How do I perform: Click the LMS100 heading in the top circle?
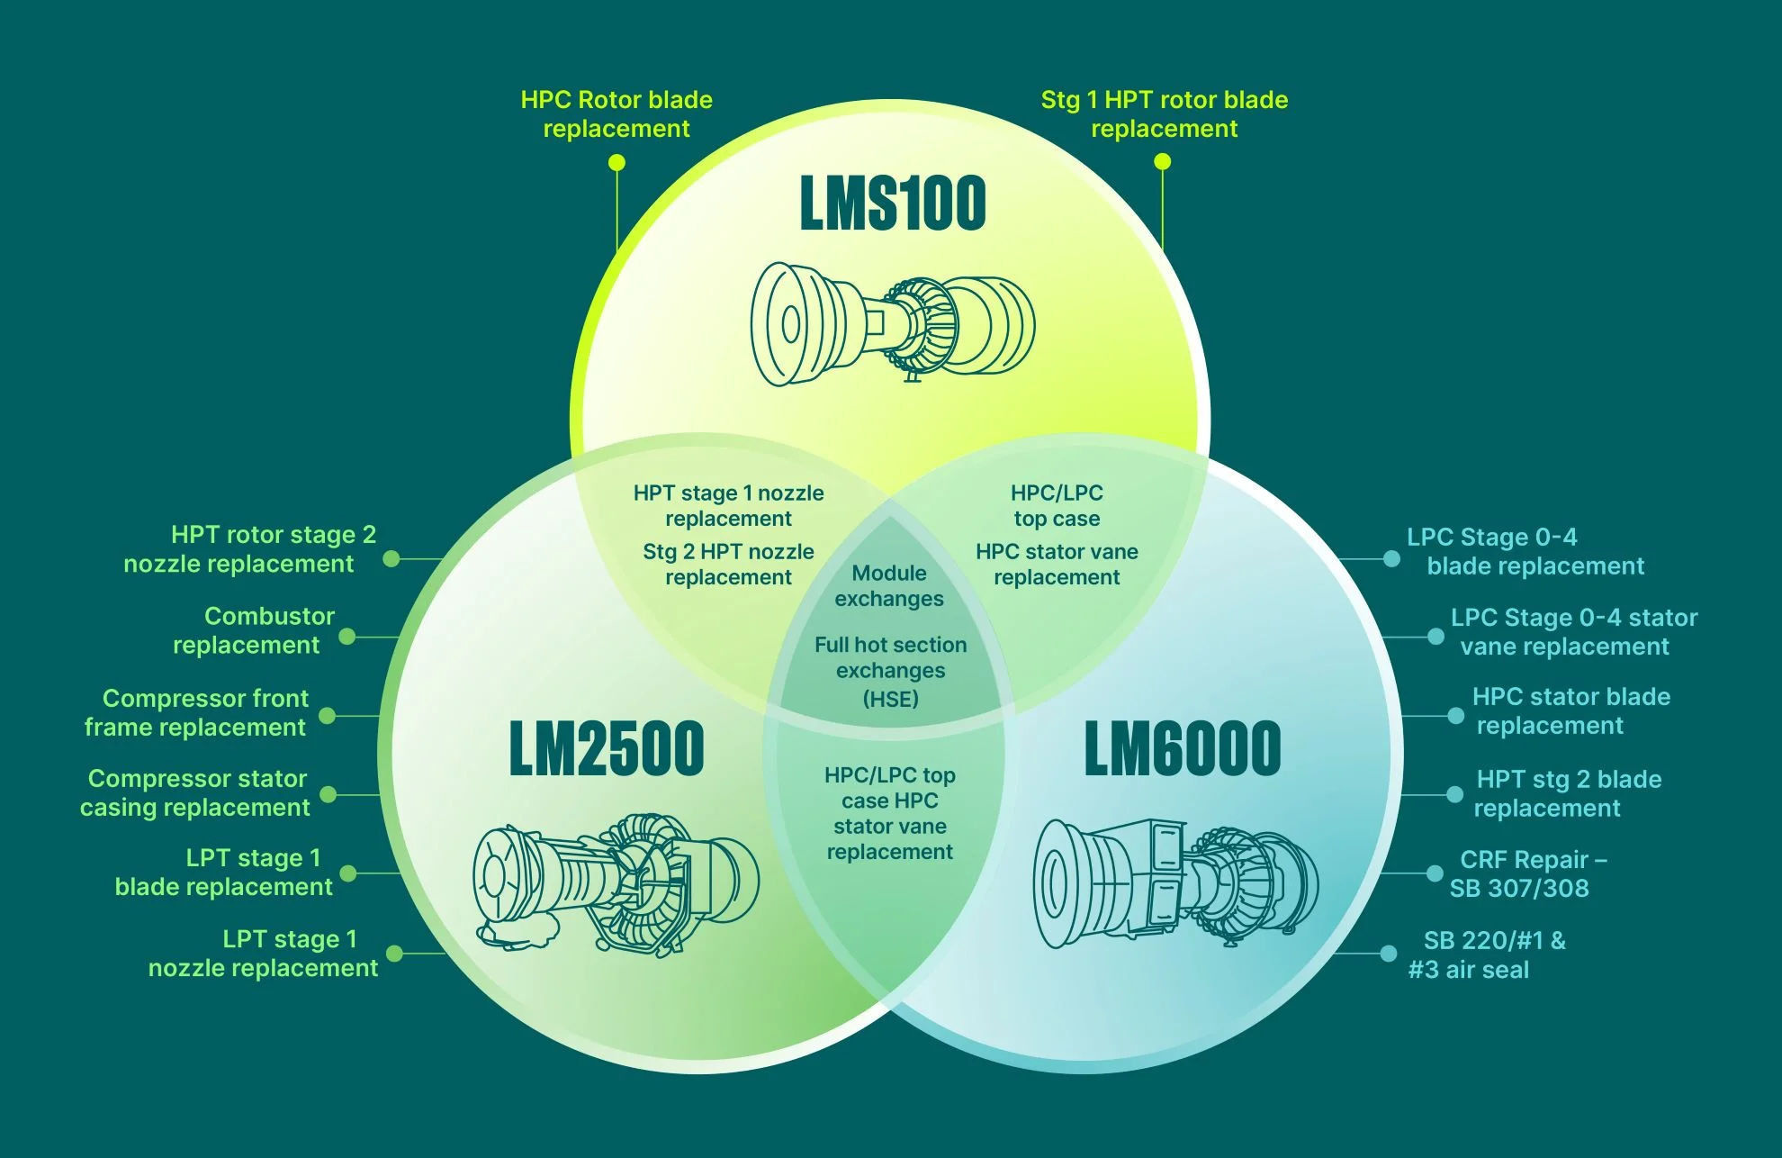(892, 204)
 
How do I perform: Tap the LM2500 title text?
(606, 748)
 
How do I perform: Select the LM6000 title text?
(1182, 748)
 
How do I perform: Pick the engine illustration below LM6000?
(1174, 882)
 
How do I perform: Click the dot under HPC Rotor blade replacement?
(616, 162)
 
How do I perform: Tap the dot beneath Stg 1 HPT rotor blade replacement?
(1163, 161)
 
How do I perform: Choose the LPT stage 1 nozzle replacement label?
(263, 954)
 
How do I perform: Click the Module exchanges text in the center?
(889, 586)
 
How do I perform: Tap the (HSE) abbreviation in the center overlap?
(890, 699)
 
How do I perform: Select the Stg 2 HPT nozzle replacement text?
(728, 564)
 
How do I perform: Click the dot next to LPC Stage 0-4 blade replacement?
(1391, 559)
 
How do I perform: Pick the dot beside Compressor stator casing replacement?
(328, 794)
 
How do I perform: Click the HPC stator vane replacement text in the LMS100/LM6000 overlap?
(1057, 564)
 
